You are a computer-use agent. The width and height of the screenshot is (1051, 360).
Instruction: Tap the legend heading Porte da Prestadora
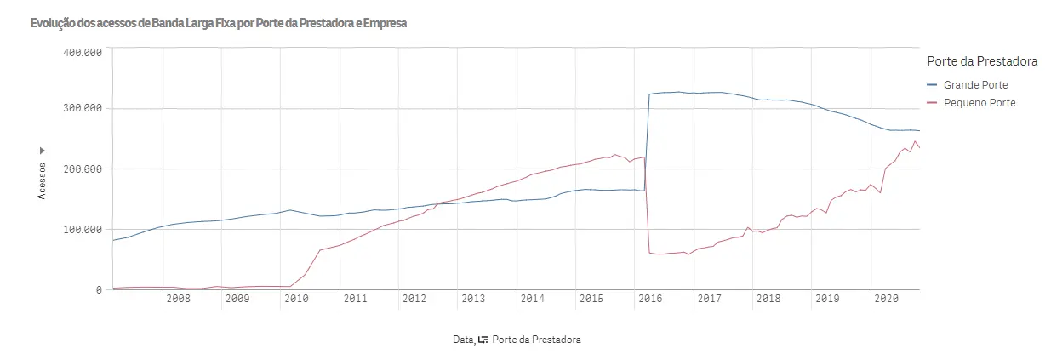tap(980, 62)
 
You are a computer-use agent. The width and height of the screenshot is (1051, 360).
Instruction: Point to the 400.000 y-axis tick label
tap(83, 52)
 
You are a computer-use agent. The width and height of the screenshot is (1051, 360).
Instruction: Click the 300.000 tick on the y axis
tap(83, 109)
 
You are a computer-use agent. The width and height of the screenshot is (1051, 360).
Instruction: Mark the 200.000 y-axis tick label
tap(83, 169)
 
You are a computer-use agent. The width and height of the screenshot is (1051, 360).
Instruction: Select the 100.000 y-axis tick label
tap(83, 230)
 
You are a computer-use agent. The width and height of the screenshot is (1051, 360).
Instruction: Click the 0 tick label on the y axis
tap(99, 290)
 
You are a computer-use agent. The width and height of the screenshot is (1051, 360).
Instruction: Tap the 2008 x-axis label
tap(178, 299)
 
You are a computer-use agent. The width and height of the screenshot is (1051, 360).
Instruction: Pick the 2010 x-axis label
tap(296, 299)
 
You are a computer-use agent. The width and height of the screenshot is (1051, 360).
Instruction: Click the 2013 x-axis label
tap(473, 299)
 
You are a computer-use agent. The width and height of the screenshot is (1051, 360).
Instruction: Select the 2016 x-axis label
tap(650, 299)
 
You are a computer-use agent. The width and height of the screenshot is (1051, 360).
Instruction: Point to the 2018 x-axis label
tap(768, 299)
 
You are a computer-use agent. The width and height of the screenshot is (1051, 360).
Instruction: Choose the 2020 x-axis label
tap(887, 299)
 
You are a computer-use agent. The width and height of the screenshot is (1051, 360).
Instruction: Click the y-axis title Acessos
tap(42, 180)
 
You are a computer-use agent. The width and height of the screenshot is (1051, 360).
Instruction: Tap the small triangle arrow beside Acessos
tap(42, 151)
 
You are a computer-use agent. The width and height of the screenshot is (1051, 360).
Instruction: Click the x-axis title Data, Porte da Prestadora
tap(517, 340)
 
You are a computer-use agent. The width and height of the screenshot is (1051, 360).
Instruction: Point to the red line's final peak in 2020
tap(915, 141)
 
